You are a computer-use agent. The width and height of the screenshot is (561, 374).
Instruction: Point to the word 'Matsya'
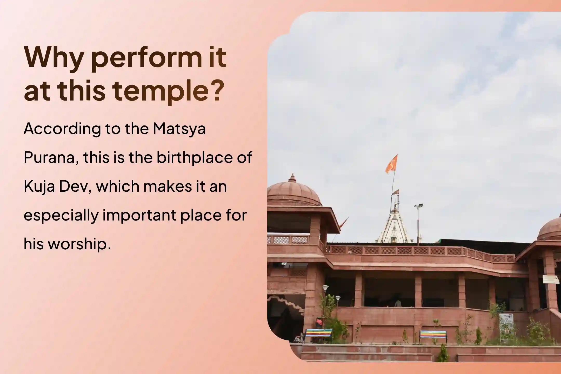click(179, 129)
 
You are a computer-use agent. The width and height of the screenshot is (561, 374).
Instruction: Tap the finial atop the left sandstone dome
click(292, 178)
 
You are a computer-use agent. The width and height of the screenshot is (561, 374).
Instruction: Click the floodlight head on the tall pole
click(418, 205)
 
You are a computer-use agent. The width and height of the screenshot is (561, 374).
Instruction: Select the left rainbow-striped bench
click(319, 335)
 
